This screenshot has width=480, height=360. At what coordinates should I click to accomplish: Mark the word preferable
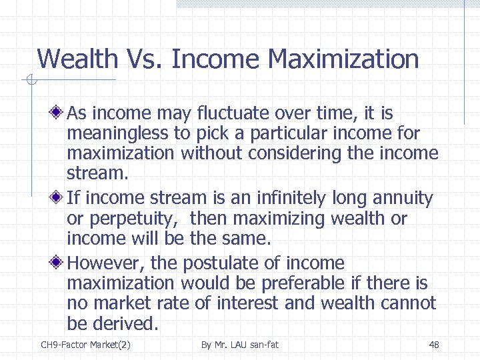[x=303, y=283]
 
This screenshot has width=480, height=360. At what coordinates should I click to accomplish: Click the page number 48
[x=434, y=345]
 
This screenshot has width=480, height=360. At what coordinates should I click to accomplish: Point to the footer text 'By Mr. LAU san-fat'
[x=239, y=345]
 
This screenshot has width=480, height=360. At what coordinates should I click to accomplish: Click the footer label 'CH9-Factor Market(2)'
[x=85, y=345]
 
